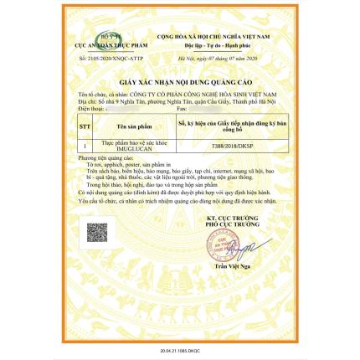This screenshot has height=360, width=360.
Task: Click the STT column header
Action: click(84, 127)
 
